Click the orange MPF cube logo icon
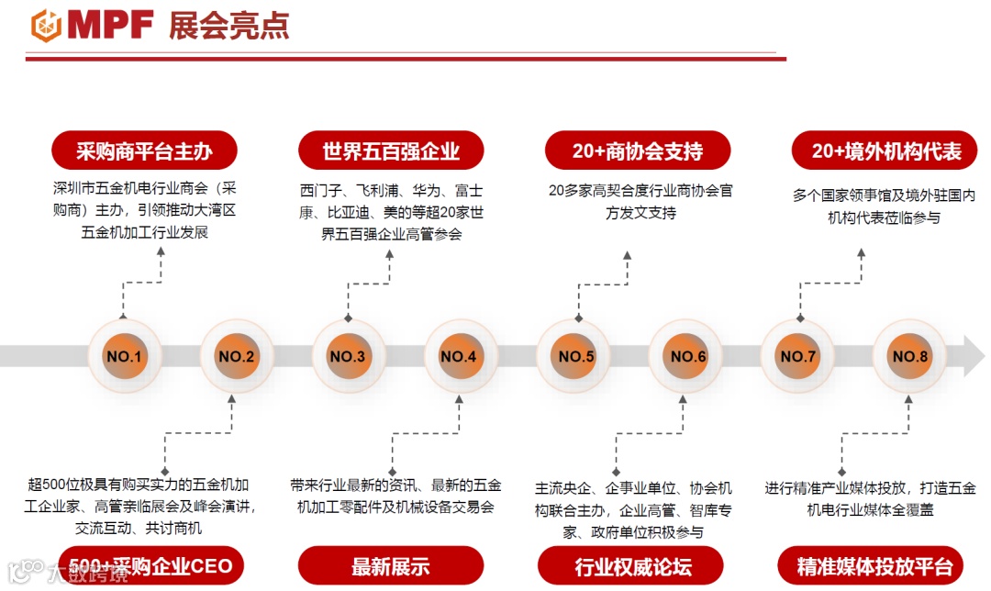click(46, 25)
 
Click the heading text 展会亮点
click(228, 26)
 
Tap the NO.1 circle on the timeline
click(124, 356)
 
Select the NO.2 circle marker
click(236, 356)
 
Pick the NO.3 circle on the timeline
click(348, 356)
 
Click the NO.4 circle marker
click(459, 356)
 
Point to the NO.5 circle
click(576, 356)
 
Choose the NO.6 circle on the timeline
click(688, 356)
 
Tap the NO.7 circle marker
click(798, 356)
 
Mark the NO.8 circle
click(910, 356)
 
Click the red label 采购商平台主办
click(144, 151)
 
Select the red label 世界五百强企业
click(391, 151)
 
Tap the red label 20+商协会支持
click(638, 151)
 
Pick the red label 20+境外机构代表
click(886, 151)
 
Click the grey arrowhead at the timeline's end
click(973, 356)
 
